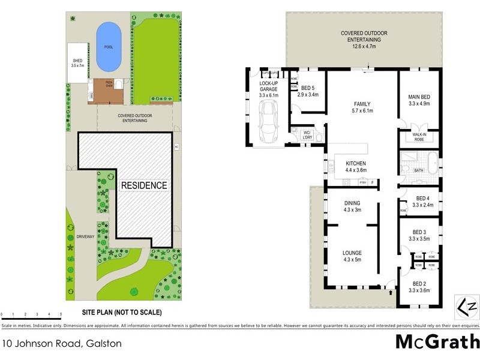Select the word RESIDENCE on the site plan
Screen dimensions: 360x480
pos(144,185)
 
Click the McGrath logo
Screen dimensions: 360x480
pos(437,343)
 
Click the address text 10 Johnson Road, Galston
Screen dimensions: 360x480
pos(62,344)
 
